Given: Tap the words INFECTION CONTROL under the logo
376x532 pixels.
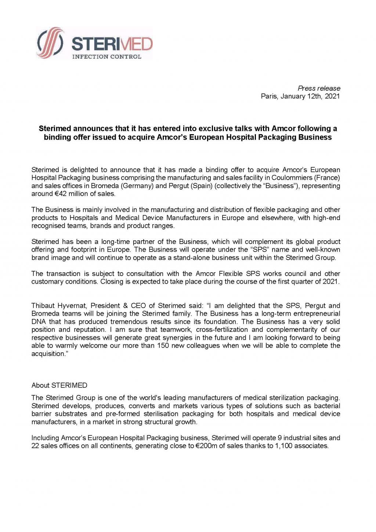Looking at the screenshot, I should pyautogui.click(x=106, y=57).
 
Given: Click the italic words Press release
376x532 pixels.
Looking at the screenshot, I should pyautogui.click(x=319, y=88).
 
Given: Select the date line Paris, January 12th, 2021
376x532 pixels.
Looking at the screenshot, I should pyautogui.click(x=300, y=96).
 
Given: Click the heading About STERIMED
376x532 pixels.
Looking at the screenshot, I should pyautogui.click(x=59, y=385).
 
